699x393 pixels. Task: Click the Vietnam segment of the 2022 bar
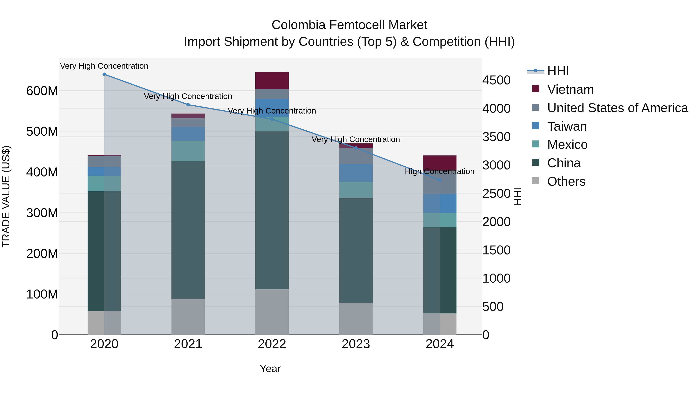point(272,80)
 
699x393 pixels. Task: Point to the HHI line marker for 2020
point(104,74)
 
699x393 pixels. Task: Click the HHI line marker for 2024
point(440,180)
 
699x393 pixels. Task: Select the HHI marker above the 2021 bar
point(188,105)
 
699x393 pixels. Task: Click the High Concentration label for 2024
point(439,171)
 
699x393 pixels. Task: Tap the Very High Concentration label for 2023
point(356,139)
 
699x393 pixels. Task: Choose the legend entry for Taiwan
point(567,126)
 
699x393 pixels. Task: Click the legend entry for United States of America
point(617,108)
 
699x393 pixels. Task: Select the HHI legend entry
point(558,71)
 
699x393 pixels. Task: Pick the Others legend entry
point(566,181)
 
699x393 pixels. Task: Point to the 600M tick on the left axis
point(42,91)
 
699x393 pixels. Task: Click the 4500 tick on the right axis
point(496,80)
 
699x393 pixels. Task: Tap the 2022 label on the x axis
point(272,344)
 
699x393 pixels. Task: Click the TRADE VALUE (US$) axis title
point(6,196)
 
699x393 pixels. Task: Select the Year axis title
point(270,369)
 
